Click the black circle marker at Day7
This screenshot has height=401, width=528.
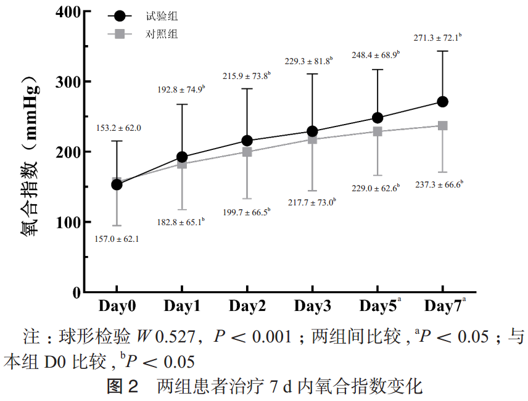pos(442,101)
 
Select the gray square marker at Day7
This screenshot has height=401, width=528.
pos(442,125)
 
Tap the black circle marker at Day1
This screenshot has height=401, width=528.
pos(182,157)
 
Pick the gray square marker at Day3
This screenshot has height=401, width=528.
pos(312,139)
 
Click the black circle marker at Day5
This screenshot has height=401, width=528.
pos(377,117)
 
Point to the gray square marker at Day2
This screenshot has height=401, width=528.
pos(247,152)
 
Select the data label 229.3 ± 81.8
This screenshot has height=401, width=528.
pos(308,61)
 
